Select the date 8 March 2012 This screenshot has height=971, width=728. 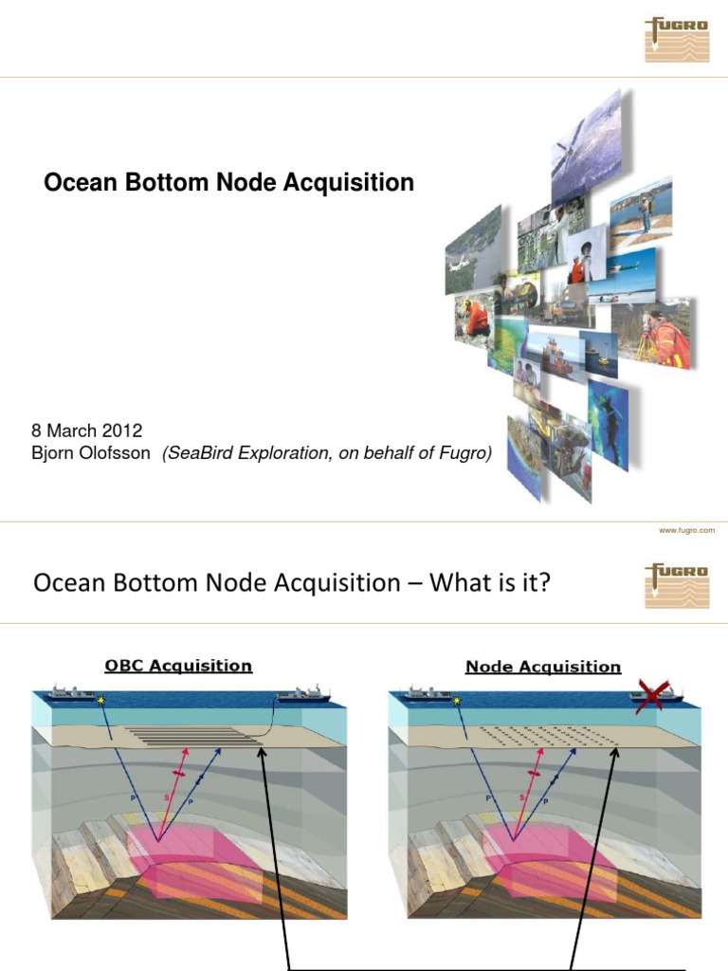[87, 432]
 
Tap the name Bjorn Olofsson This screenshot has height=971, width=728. [91, 453]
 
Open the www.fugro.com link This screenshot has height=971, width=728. [686, 531]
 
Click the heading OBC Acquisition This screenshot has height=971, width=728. [178, 666]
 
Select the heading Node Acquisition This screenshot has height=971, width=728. [542, 667]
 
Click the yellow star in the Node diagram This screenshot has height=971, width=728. [456, 701]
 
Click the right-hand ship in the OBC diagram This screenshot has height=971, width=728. [302, 697]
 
